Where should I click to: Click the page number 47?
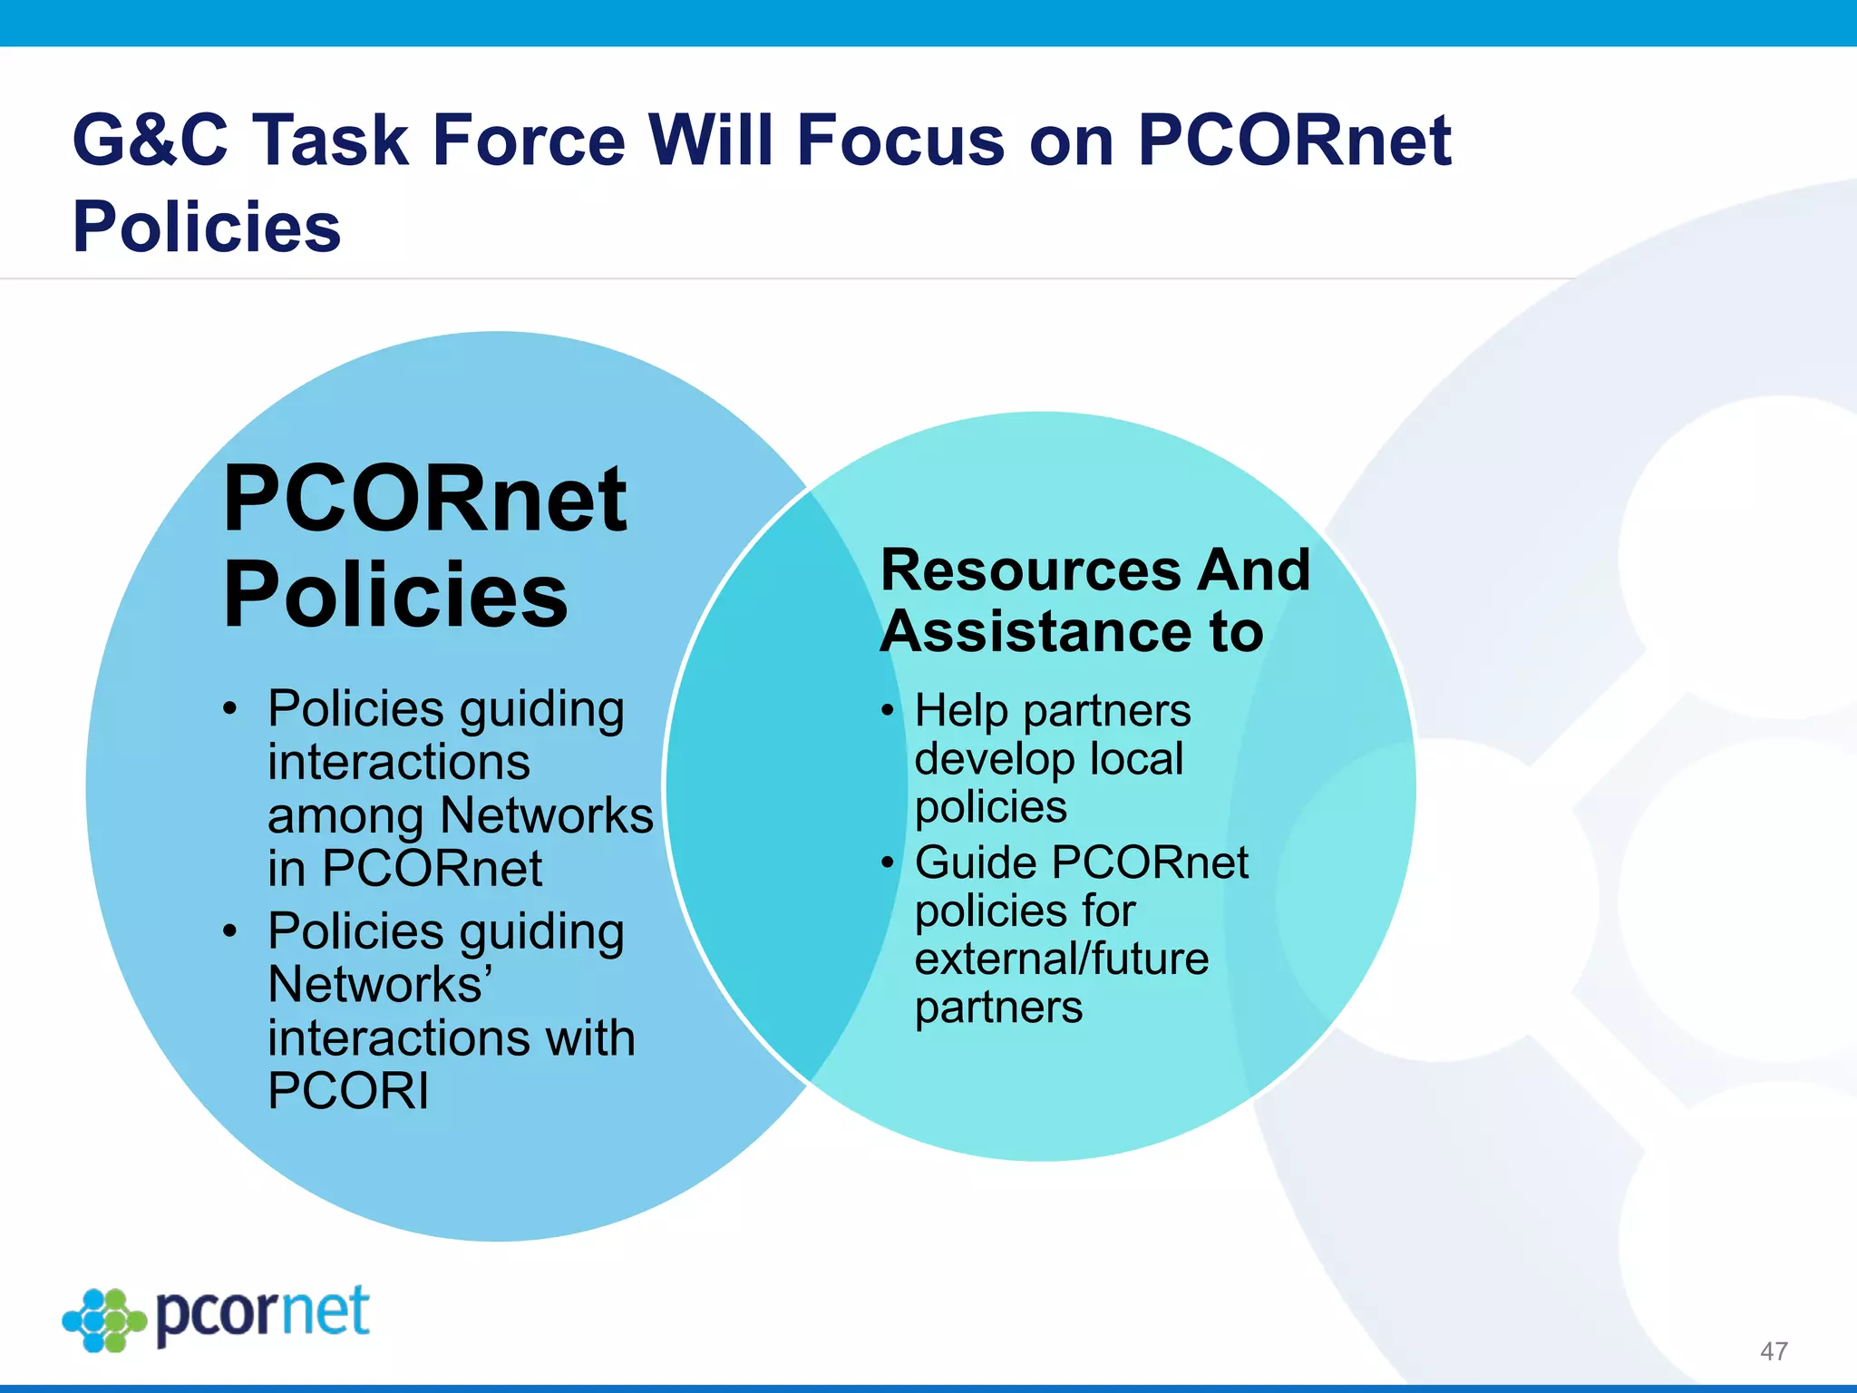1773,1351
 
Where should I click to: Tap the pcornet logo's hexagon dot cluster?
104,1320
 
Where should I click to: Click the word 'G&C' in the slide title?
150,141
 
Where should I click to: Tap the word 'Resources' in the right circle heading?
1031,570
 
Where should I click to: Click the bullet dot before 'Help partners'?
888,710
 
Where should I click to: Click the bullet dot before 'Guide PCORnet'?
888,862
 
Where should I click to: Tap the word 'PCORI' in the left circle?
348,1091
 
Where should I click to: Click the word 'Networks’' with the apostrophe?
381,985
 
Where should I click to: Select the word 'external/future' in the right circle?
1062,960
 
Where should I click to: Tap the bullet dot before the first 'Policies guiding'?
230,708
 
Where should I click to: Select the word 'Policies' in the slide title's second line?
207,227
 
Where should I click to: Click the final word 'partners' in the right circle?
998,1008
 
